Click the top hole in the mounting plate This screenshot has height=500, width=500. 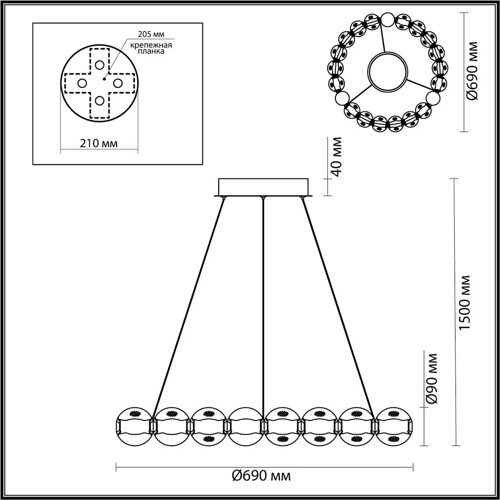pyautogui.click(x=100, y=64)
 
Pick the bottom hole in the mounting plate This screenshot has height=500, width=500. pyautogui.click(x=100, y=101)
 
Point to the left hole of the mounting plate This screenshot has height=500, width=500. pyautogui.click(x=82, y=83)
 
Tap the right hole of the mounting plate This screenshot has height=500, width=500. pyautogui.click(x=118, y=83)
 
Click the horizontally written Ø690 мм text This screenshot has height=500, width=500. pyautogui.click(x=261, y=475)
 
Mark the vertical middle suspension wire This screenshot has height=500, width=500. pyautogui.click(x=264, y=303)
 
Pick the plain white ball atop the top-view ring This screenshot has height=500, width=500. pyautogui.click(x=387, y=20)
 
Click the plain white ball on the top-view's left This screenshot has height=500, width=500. pyautogui.click(x=342, y=98)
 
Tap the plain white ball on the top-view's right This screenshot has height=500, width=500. pyautogui.click(x=433, y=98)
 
